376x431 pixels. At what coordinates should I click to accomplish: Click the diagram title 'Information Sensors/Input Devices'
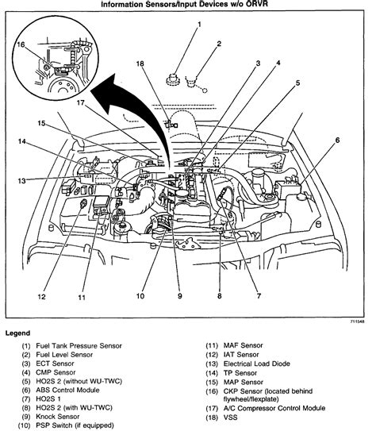188,6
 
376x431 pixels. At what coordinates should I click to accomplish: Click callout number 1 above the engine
199,25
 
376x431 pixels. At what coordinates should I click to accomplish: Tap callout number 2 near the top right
220,44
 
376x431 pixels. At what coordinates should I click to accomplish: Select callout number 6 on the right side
337,140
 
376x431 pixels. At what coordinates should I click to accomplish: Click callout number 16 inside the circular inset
21,46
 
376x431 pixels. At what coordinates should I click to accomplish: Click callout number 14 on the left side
24,142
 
